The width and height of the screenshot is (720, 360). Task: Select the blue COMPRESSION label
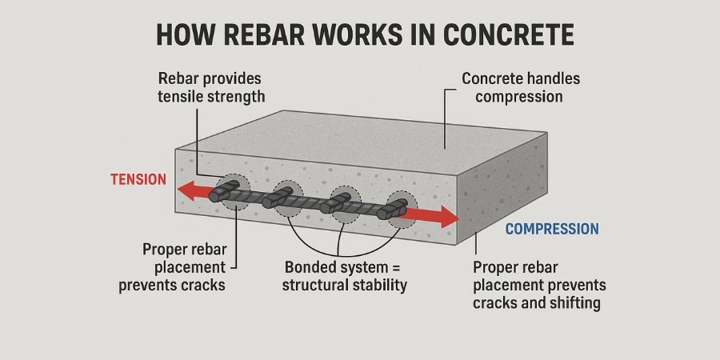[x=551, y=229]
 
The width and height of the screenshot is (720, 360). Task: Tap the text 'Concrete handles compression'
[x=521, y=88]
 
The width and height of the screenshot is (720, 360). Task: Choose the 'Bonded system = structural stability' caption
[x=345, y=275]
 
